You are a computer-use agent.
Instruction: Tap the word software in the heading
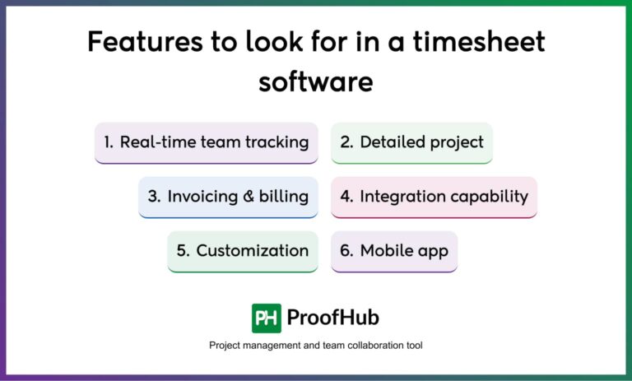(316, 81)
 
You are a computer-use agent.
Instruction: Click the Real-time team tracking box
(207, 142)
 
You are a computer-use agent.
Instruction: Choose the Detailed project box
(411, 142)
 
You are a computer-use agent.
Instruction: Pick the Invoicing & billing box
(228, 197)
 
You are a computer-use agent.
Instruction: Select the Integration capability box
(434, 197)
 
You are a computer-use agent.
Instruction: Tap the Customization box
(242, 251)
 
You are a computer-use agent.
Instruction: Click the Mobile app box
(394, 251)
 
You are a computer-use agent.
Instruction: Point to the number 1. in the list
(109, 142)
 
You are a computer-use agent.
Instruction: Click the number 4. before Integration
(346, 197)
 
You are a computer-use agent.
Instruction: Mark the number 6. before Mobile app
(346, 251)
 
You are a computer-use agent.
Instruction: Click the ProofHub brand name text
(333, 318)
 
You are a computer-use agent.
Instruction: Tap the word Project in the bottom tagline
(225, 346)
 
